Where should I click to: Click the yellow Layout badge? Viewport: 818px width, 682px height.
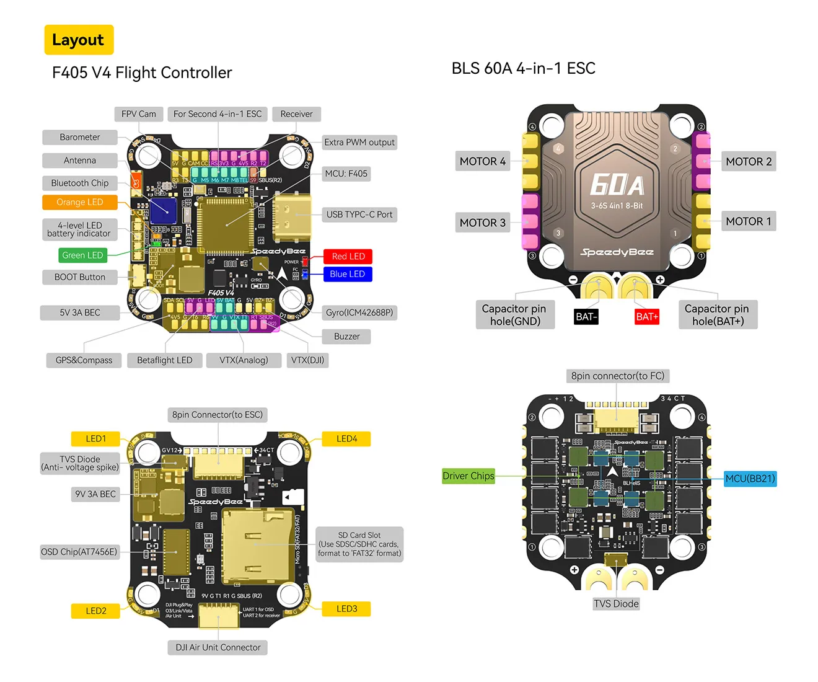click(79, 40)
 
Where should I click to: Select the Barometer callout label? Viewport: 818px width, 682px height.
click(80, 137)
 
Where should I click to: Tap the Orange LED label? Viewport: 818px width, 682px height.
click(79, 202)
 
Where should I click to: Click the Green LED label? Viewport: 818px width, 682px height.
click(82, 255)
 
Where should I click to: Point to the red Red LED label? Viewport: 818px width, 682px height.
click(348, 256)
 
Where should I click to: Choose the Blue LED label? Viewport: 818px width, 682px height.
click(347, 274)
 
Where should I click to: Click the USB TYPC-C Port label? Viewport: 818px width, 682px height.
click(359, 215)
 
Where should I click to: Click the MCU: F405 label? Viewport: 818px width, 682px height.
click(346, 174)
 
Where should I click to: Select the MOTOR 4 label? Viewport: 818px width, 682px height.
click(482, 162)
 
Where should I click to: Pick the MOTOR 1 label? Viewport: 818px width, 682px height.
click(748, 221)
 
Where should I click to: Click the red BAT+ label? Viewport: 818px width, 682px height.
click(647, 317)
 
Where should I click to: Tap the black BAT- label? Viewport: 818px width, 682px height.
click(586, 317)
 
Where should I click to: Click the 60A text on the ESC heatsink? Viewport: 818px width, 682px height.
click(616, 185)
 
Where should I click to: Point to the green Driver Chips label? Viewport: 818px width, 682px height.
click(468, 476)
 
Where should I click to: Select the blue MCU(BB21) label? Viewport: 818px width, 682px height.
click(750, 479)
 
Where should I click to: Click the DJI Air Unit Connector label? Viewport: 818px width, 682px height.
click(218, 647)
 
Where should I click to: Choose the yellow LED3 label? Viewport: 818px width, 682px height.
click(346, 609)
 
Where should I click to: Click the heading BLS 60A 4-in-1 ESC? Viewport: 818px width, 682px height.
click(523, 68)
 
